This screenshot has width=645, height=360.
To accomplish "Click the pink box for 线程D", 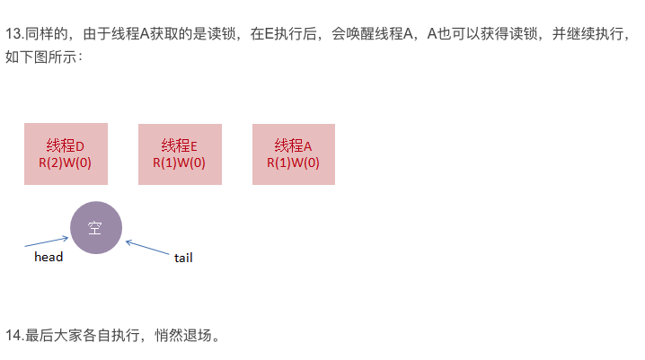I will coord(66,154).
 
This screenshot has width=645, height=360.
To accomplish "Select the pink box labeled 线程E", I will coord(180,154).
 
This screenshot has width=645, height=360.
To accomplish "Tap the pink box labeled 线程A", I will coord(294,154).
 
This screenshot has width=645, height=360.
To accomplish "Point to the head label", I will coord(49,257).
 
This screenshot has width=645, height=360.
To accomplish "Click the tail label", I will coord(183,258).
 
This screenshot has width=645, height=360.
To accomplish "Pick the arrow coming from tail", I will coord(150,246).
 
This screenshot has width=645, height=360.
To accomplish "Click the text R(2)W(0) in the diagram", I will coord(66,163).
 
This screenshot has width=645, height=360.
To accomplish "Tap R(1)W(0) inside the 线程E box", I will coord(180,163).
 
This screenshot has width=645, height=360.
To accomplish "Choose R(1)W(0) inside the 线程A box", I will coord(294,163).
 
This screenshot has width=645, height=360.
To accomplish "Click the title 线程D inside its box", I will coord(66,145).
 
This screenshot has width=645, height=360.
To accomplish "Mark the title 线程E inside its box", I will coord(180,145).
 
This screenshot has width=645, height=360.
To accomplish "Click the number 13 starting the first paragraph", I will coord(13,37).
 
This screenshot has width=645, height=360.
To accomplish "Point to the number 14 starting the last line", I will coord(13,336).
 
